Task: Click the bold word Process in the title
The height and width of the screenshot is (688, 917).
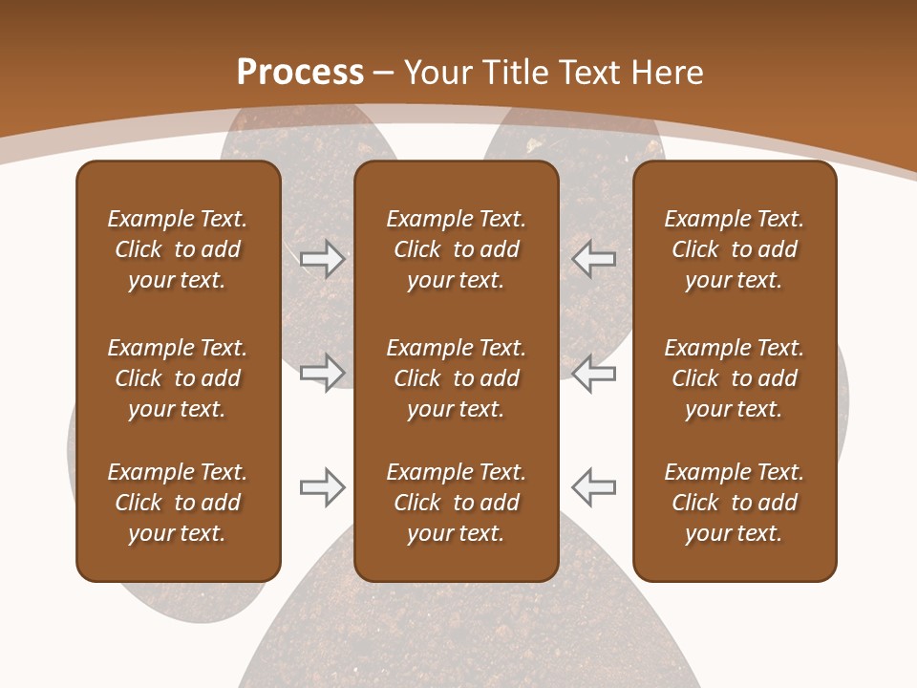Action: tap(300, 73)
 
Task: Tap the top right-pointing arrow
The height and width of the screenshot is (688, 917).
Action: tap(322, 259)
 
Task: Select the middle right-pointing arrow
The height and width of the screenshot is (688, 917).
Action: tap(322, 373)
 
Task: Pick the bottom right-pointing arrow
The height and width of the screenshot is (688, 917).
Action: tap(322, 487)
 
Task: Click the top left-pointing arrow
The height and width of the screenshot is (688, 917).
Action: tap(594, 259)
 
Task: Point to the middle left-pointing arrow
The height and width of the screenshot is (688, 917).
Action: tap(594, 373)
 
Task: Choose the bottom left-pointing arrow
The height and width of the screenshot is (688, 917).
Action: tap(594, 487)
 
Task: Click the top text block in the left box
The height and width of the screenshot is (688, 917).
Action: tap(178, 249)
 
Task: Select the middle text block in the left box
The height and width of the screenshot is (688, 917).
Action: tap(178, 378)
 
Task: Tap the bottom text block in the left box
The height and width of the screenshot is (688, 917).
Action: tap(178, 503)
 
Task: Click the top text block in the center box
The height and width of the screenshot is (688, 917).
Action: tap(456, 249)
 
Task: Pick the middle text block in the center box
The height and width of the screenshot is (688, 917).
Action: tap(456, 378)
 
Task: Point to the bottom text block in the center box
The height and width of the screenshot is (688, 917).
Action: tap(456, 503)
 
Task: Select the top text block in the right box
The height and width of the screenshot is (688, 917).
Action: tap(734, 249)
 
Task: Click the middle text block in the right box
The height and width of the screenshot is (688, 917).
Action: tap(734, 378)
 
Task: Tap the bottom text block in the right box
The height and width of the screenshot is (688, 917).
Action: tap(734, 503)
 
